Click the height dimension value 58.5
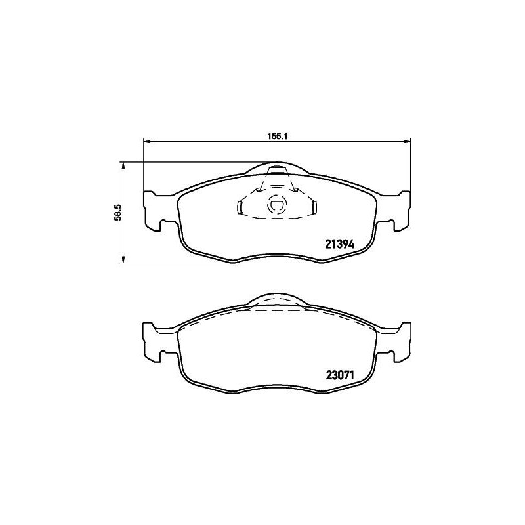point(117,213)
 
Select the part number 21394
point(340,244)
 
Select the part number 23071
point(340,377)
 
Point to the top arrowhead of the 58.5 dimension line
point(123,165)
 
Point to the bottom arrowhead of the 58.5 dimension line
point(123,261)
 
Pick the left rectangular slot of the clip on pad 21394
point(240,208)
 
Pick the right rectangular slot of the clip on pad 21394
point(314,208)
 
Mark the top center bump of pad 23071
point(276,300)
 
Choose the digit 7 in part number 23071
point(345,377)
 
